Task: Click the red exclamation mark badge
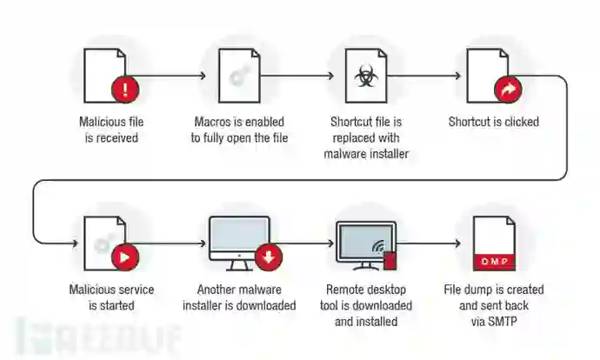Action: [x=127, y=88]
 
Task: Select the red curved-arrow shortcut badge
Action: [x=507, y=88]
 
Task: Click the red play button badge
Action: [x=127, y=257]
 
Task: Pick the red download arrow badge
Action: [x=268, y=257]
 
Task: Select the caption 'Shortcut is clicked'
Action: [x=494, y=122]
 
